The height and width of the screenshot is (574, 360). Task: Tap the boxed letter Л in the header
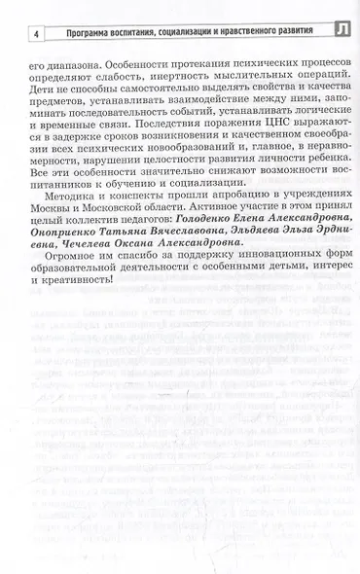340,30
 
